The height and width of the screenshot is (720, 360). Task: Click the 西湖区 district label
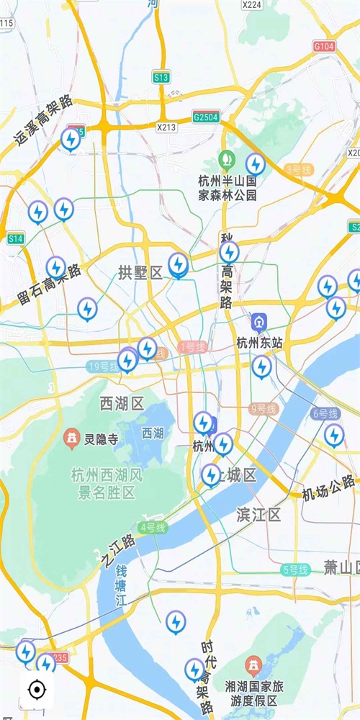[x=122, y=403]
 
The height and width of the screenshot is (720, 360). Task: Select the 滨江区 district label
[x=258, y=514]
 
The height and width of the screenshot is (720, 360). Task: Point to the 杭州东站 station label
[x=257, y=343]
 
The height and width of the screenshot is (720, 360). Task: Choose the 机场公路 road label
[x=328, y=488]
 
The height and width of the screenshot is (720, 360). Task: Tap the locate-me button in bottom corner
[x=36, y=690]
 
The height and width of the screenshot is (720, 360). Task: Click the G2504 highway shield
[x=205, y=117]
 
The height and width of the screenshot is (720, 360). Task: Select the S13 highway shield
[x=161, y=76]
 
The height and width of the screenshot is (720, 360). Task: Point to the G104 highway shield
[x=324, y=46]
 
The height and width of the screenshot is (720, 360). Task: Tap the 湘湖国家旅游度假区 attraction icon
[x=253, y=662]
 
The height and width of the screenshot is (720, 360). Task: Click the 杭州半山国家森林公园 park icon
[x=227, y=158]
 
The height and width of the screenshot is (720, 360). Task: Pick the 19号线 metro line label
[x=102, y=366]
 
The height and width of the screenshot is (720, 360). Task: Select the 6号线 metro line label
[x=325, y=413]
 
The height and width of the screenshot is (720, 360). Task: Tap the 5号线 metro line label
[x=295, y=570]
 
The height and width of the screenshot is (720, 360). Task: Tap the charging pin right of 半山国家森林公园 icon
[x=255, y=164]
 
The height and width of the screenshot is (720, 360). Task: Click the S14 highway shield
[x=15, y=238]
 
